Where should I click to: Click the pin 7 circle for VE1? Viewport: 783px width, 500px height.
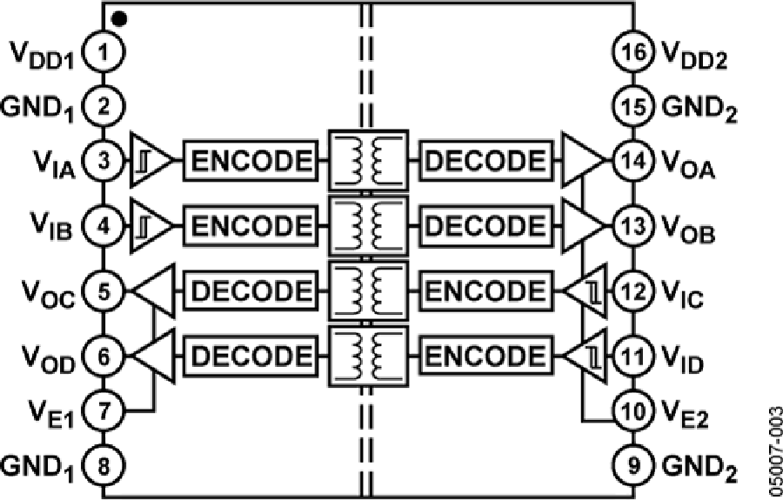pos(104,410)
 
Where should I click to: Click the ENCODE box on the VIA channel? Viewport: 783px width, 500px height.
pos(249,161)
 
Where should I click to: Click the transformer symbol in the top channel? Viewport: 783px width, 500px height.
pos(366,161)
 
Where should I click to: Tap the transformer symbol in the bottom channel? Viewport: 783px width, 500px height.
pos(366,356)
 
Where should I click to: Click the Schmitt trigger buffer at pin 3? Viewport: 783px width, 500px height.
pos(151,161)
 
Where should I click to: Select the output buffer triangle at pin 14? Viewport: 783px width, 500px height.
pos(584,161)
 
